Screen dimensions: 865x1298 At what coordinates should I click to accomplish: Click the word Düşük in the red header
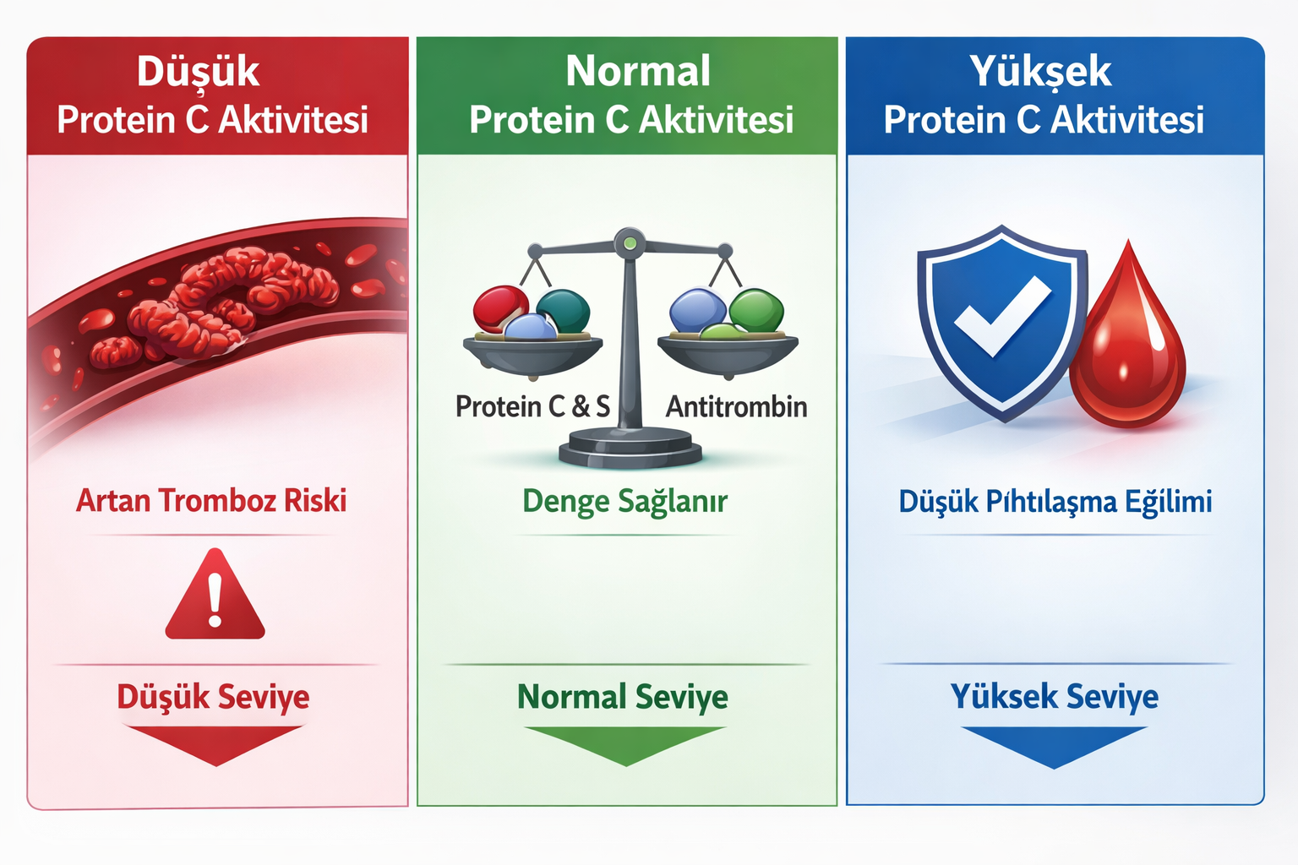[198, 72]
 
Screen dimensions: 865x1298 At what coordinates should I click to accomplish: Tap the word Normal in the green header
[638, 71]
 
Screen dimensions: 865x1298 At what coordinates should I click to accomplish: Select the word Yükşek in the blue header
[1040, 72]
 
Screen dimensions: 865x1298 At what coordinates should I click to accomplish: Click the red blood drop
[1128, 346]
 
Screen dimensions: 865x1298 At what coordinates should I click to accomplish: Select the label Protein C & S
[532, 407]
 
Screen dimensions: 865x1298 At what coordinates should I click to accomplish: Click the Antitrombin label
[736, 407]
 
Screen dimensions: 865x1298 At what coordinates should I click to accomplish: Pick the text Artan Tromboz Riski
[211, 501]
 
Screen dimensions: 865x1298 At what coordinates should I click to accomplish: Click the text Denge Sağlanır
[624, 502]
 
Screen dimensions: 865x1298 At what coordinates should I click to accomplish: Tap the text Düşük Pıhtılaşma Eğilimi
[1055, 502]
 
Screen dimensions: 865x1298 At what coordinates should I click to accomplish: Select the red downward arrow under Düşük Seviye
[216, 744]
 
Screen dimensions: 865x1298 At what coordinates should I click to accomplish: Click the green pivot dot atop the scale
[630, 244]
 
